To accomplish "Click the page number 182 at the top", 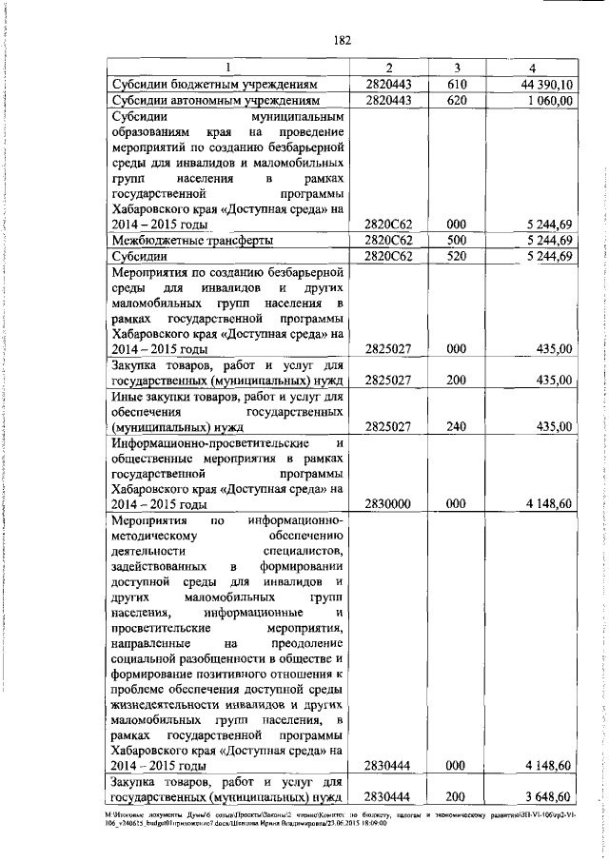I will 344,40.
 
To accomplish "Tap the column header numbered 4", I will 532,67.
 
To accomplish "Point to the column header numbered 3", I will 457,67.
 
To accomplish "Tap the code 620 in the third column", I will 457,99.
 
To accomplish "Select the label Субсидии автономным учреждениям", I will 221,99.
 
